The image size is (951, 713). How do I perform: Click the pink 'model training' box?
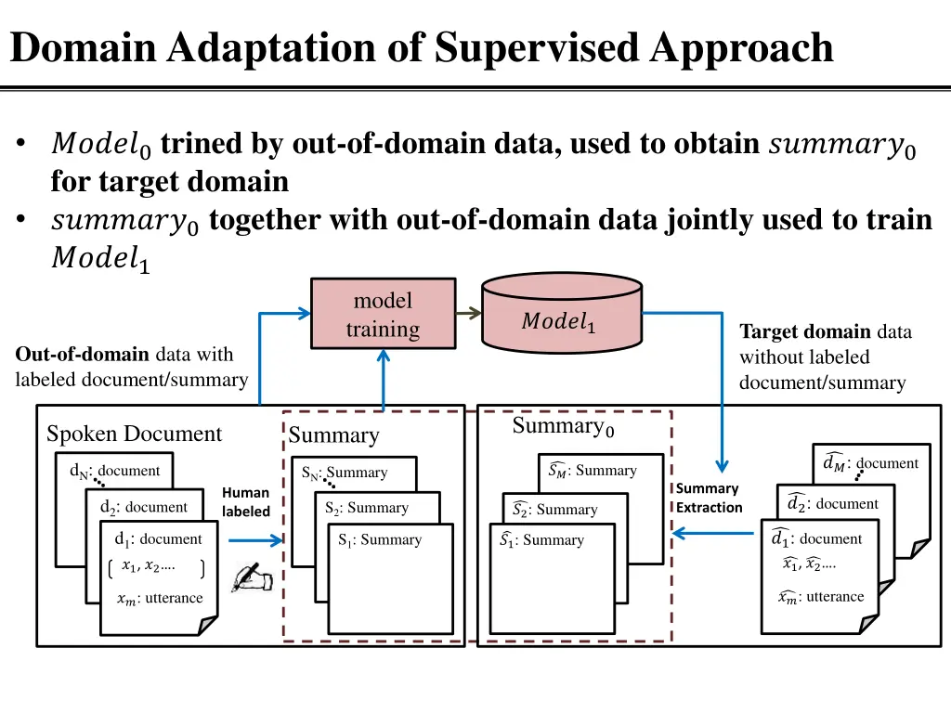(x=383, y=315)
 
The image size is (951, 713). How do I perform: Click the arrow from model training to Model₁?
(x=469, y=313)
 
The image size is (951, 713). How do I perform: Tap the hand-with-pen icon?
(x=252, y=577)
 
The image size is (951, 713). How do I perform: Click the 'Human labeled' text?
(x=246, y=502)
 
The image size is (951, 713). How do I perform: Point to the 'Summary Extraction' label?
(x=709, y=498)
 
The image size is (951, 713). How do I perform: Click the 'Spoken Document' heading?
(x=134, y=434)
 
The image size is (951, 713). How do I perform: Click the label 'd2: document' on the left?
(x=143, y=507)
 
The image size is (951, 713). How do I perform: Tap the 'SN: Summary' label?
(x=345, y=473)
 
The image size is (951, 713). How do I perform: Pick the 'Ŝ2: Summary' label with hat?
(x=554, y=510)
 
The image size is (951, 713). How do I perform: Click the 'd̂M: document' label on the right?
(x=870, y=463)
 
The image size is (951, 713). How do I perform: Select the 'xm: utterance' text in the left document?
(x=159, y=599)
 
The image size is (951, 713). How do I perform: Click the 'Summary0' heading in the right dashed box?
(x=563, y=427)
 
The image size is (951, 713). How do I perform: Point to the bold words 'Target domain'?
(x=804, y=332)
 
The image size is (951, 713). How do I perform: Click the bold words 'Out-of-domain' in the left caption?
(x=82, y=354)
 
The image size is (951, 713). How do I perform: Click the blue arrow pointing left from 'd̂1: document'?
(x=712, y=533)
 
